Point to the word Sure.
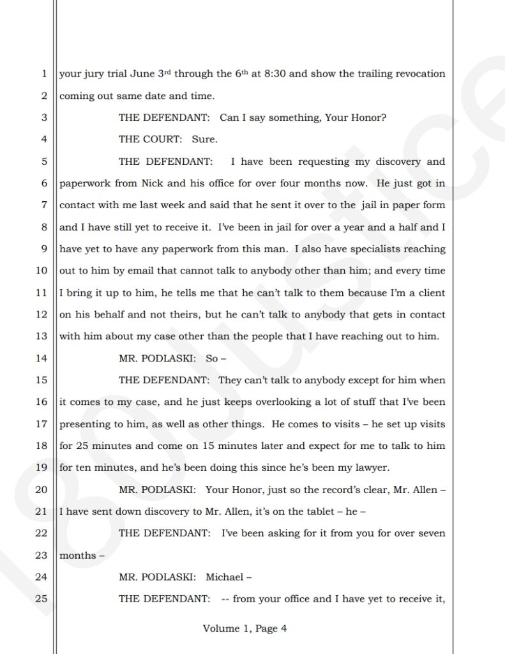click(204, 139)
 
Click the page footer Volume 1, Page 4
click(245, 629)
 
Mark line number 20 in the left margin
click(42, 490)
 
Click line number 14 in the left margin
click(42, 358)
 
